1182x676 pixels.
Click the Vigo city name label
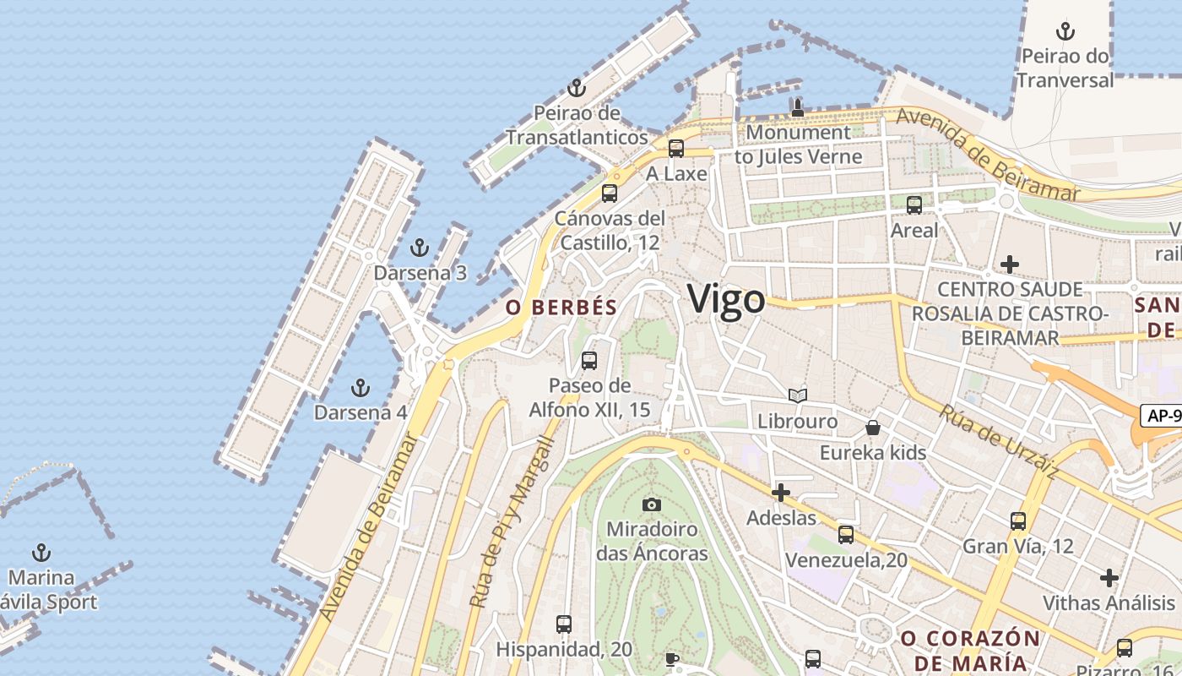[x=726, y=299]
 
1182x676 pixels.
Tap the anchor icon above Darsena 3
[x=419, y=248]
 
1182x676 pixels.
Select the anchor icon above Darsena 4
[x=361, y=388]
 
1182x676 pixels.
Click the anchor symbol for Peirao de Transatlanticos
[x=576, y=88]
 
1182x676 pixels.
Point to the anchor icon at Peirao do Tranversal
[x=1065, y=32]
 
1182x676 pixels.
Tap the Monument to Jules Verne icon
[x=797, y=108]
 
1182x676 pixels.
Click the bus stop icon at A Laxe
[x=675, y=149]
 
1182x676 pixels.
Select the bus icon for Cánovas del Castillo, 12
[x=609, y=193]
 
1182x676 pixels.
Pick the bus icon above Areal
[x=914, y=204]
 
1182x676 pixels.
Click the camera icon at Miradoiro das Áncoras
[x=651, y=504]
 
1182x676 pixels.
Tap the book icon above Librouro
[x=797, y=395]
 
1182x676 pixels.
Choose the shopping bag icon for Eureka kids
[x=873, y=428]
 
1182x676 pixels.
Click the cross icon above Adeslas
[x=781, y=493]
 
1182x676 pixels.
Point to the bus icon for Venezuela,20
[x=845, y=534]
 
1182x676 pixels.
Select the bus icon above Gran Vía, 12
[x=1017, y=521]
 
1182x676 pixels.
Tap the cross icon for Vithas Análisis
[x=1109, y=578]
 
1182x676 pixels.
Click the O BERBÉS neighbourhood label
[x=561, y=308]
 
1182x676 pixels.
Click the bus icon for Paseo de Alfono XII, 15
[x=589, y=361]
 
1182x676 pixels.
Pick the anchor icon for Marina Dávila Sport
[x=41, y=553]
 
